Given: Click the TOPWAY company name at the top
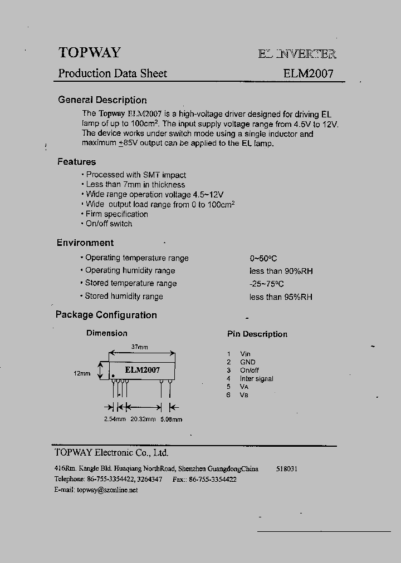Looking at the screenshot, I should click(x=89, y=52).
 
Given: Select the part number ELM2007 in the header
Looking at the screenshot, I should click(x=308, y=73).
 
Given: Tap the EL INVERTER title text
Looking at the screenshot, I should click(x=297, y=54).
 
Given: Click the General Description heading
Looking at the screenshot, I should click(x=102, y=100).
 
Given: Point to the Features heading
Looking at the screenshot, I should click(x=76, y=162).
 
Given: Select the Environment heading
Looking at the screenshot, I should click(x=85, y=243).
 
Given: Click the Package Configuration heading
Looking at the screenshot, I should click(x=106, y=315).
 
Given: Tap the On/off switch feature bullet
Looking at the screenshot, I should click(x=109, y=224).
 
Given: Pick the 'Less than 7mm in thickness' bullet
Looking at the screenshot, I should click(x=135, y=184).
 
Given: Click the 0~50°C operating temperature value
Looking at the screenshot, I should click(x=263, y=258).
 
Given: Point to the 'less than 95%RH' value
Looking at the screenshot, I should click(x=281, y=297).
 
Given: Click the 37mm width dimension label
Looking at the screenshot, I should click(x=139, y=347).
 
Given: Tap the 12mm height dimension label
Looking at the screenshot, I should click(x=81, y=373).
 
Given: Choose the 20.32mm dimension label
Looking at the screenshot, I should click(x=143, y=419).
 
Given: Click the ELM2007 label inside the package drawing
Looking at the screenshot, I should click(x=142, y=370).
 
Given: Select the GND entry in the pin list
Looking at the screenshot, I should click(x=247, y=362).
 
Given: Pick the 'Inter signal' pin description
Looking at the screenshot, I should click(x=256, y=378).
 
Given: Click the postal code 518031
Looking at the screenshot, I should click(x=286, y=469).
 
